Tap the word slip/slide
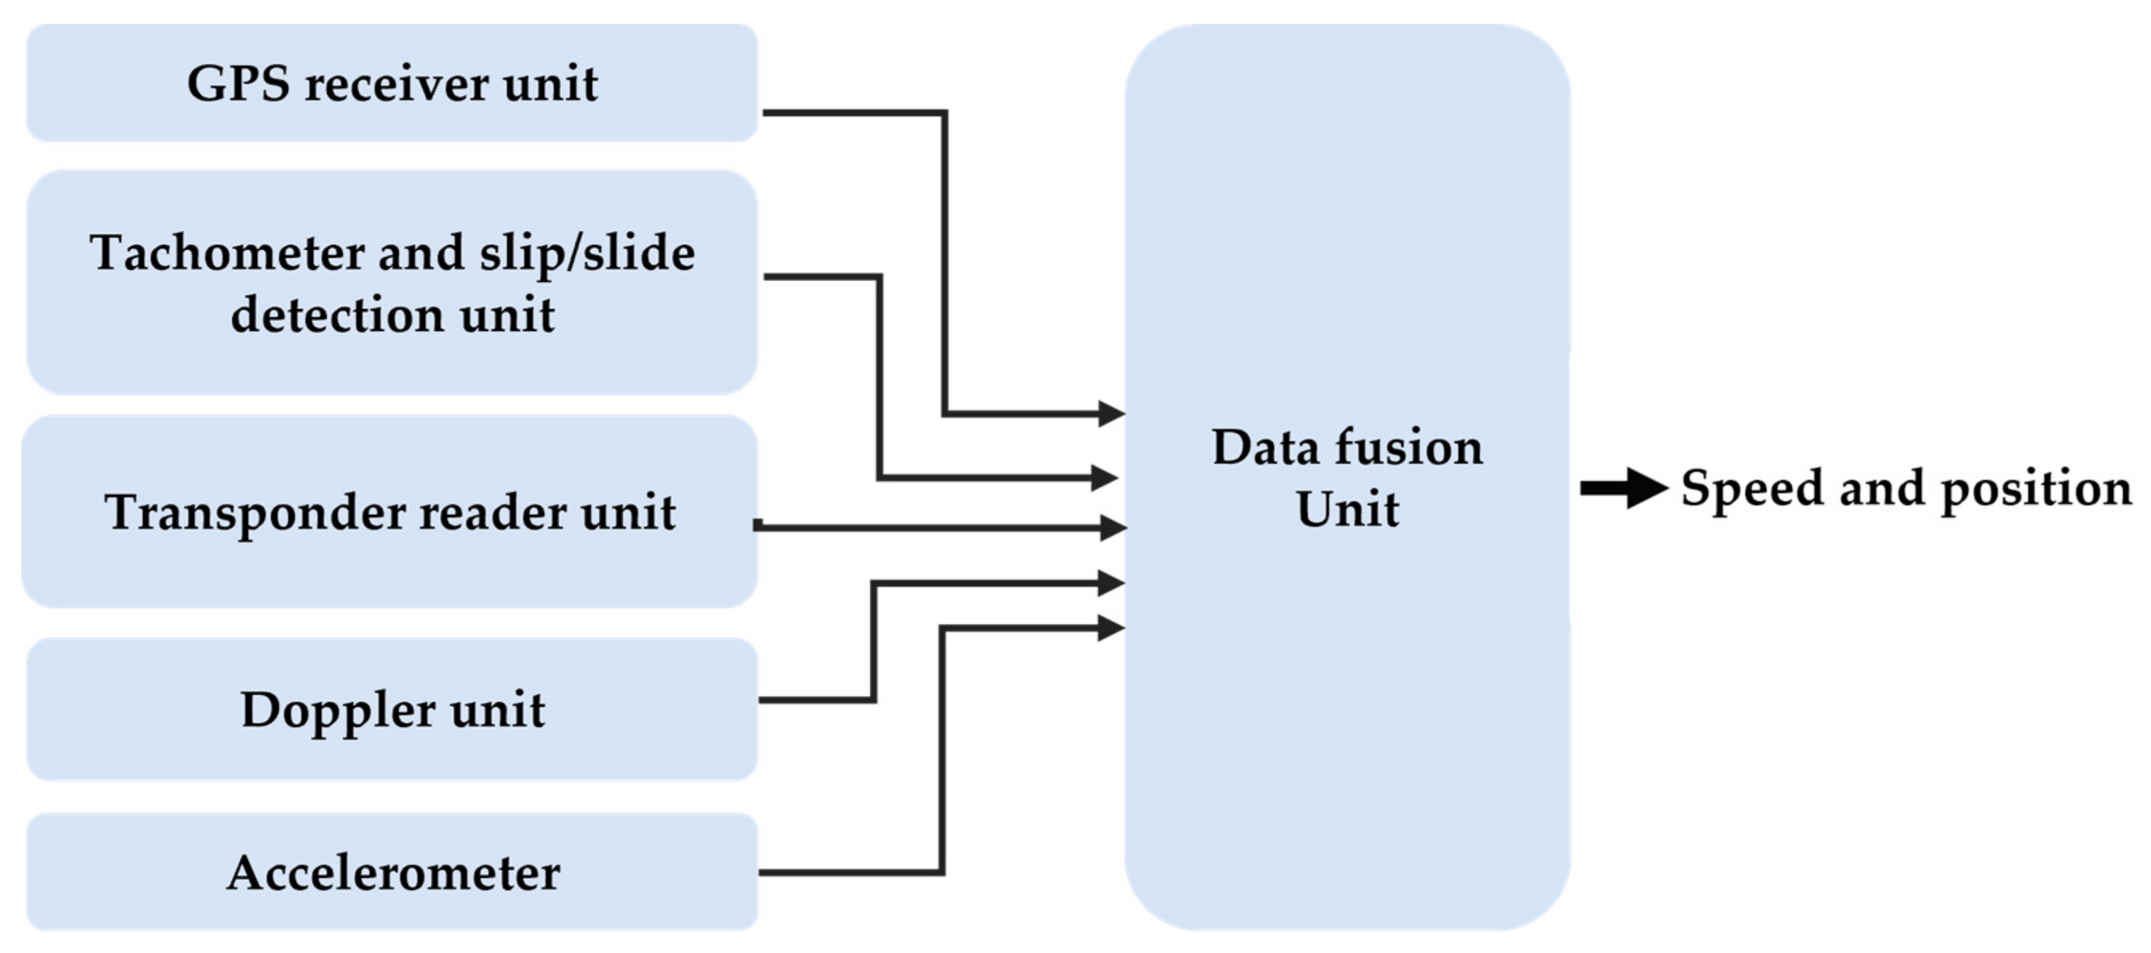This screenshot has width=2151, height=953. [x=587, y=253]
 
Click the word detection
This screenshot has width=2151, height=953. [x=336, y=316]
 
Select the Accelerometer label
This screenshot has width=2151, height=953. [x=393, y=874]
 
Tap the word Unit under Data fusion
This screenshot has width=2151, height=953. [x=1347, y=509]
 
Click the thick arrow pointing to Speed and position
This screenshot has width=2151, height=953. [x=1623, y=488]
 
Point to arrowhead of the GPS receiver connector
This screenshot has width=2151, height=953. [x=1111, y=412]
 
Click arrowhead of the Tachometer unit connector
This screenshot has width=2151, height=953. [x=1106, y=478]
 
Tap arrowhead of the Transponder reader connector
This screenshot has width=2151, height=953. [x=1113, y=527]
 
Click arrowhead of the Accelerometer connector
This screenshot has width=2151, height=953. [x=1111, y=628]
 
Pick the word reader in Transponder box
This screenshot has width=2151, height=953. [x=492, y=512]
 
